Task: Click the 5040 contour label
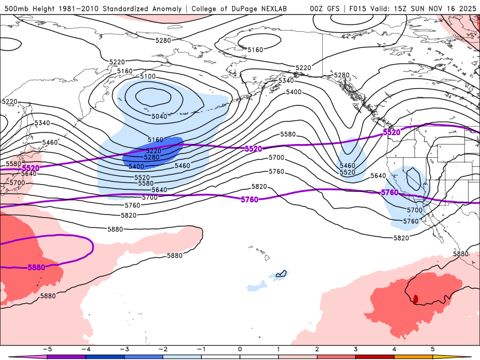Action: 160,116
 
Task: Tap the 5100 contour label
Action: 147,76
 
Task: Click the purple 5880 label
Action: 37,268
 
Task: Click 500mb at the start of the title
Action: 15,8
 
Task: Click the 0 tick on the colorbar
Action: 240,349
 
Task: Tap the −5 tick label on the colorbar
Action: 46,349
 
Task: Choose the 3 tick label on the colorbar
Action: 356,349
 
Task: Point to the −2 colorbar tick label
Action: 162,349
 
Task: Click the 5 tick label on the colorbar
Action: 433,349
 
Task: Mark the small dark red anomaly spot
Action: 415,298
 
